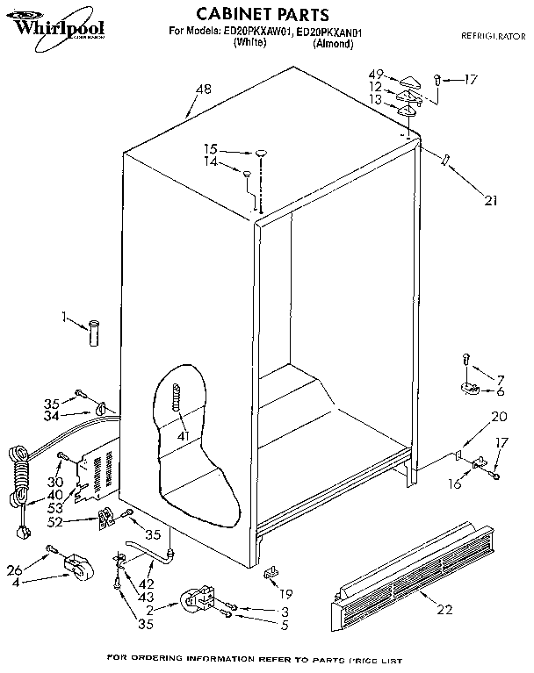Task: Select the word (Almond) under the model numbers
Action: [333, 42]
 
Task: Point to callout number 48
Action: [203, 88]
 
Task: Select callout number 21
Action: [489, 201]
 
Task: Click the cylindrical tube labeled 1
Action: [94, 333]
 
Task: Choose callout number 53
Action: [55, 508]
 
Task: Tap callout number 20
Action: [499, 417]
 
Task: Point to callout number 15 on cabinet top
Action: [211, 149]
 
